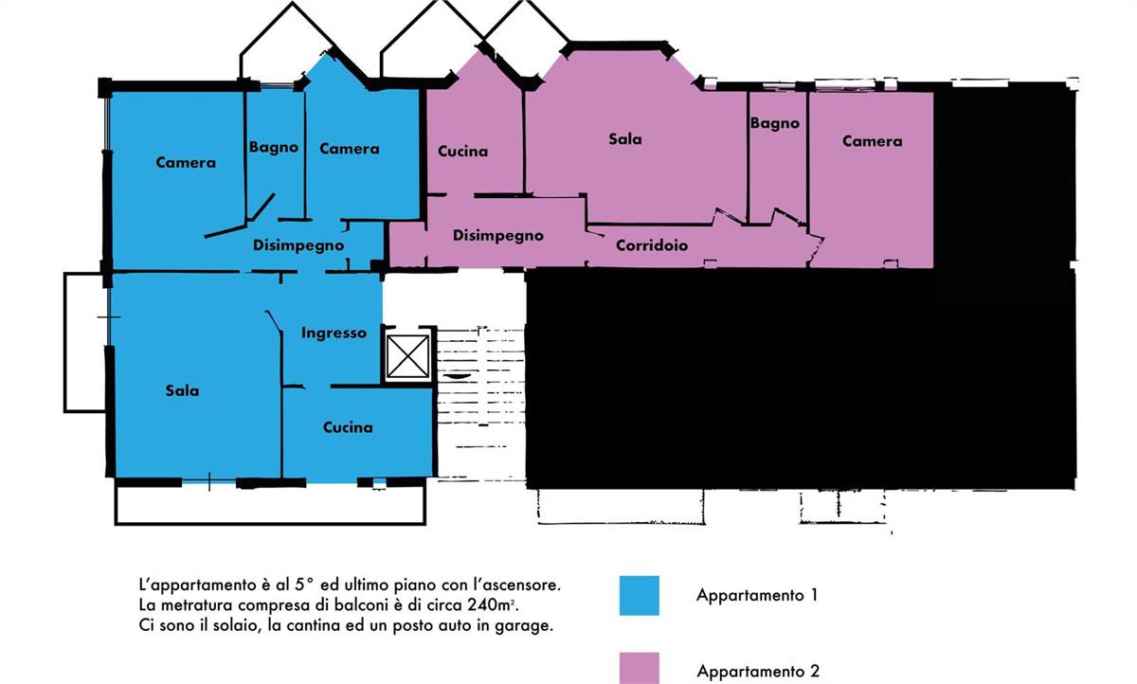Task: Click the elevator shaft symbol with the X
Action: [407, 356]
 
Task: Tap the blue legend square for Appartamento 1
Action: [639, 595]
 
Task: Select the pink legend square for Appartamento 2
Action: [639, 668]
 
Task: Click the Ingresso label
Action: [334, 333]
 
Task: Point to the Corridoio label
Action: [652, 245]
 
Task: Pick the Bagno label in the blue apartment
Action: [274, 148]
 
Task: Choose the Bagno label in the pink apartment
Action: [775, 123]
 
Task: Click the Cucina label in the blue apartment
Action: [348, 427]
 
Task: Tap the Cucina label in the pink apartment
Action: [462, 152]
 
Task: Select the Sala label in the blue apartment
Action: [182, 390]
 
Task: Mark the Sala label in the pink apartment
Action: [624, 139]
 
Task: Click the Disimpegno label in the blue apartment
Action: [298, 245]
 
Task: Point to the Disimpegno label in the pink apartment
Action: [498, 236]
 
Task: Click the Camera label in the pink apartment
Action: [872, 141]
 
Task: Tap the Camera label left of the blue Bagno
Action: [186, 163]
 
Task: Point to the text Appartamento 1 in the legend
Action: [757, 595]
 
